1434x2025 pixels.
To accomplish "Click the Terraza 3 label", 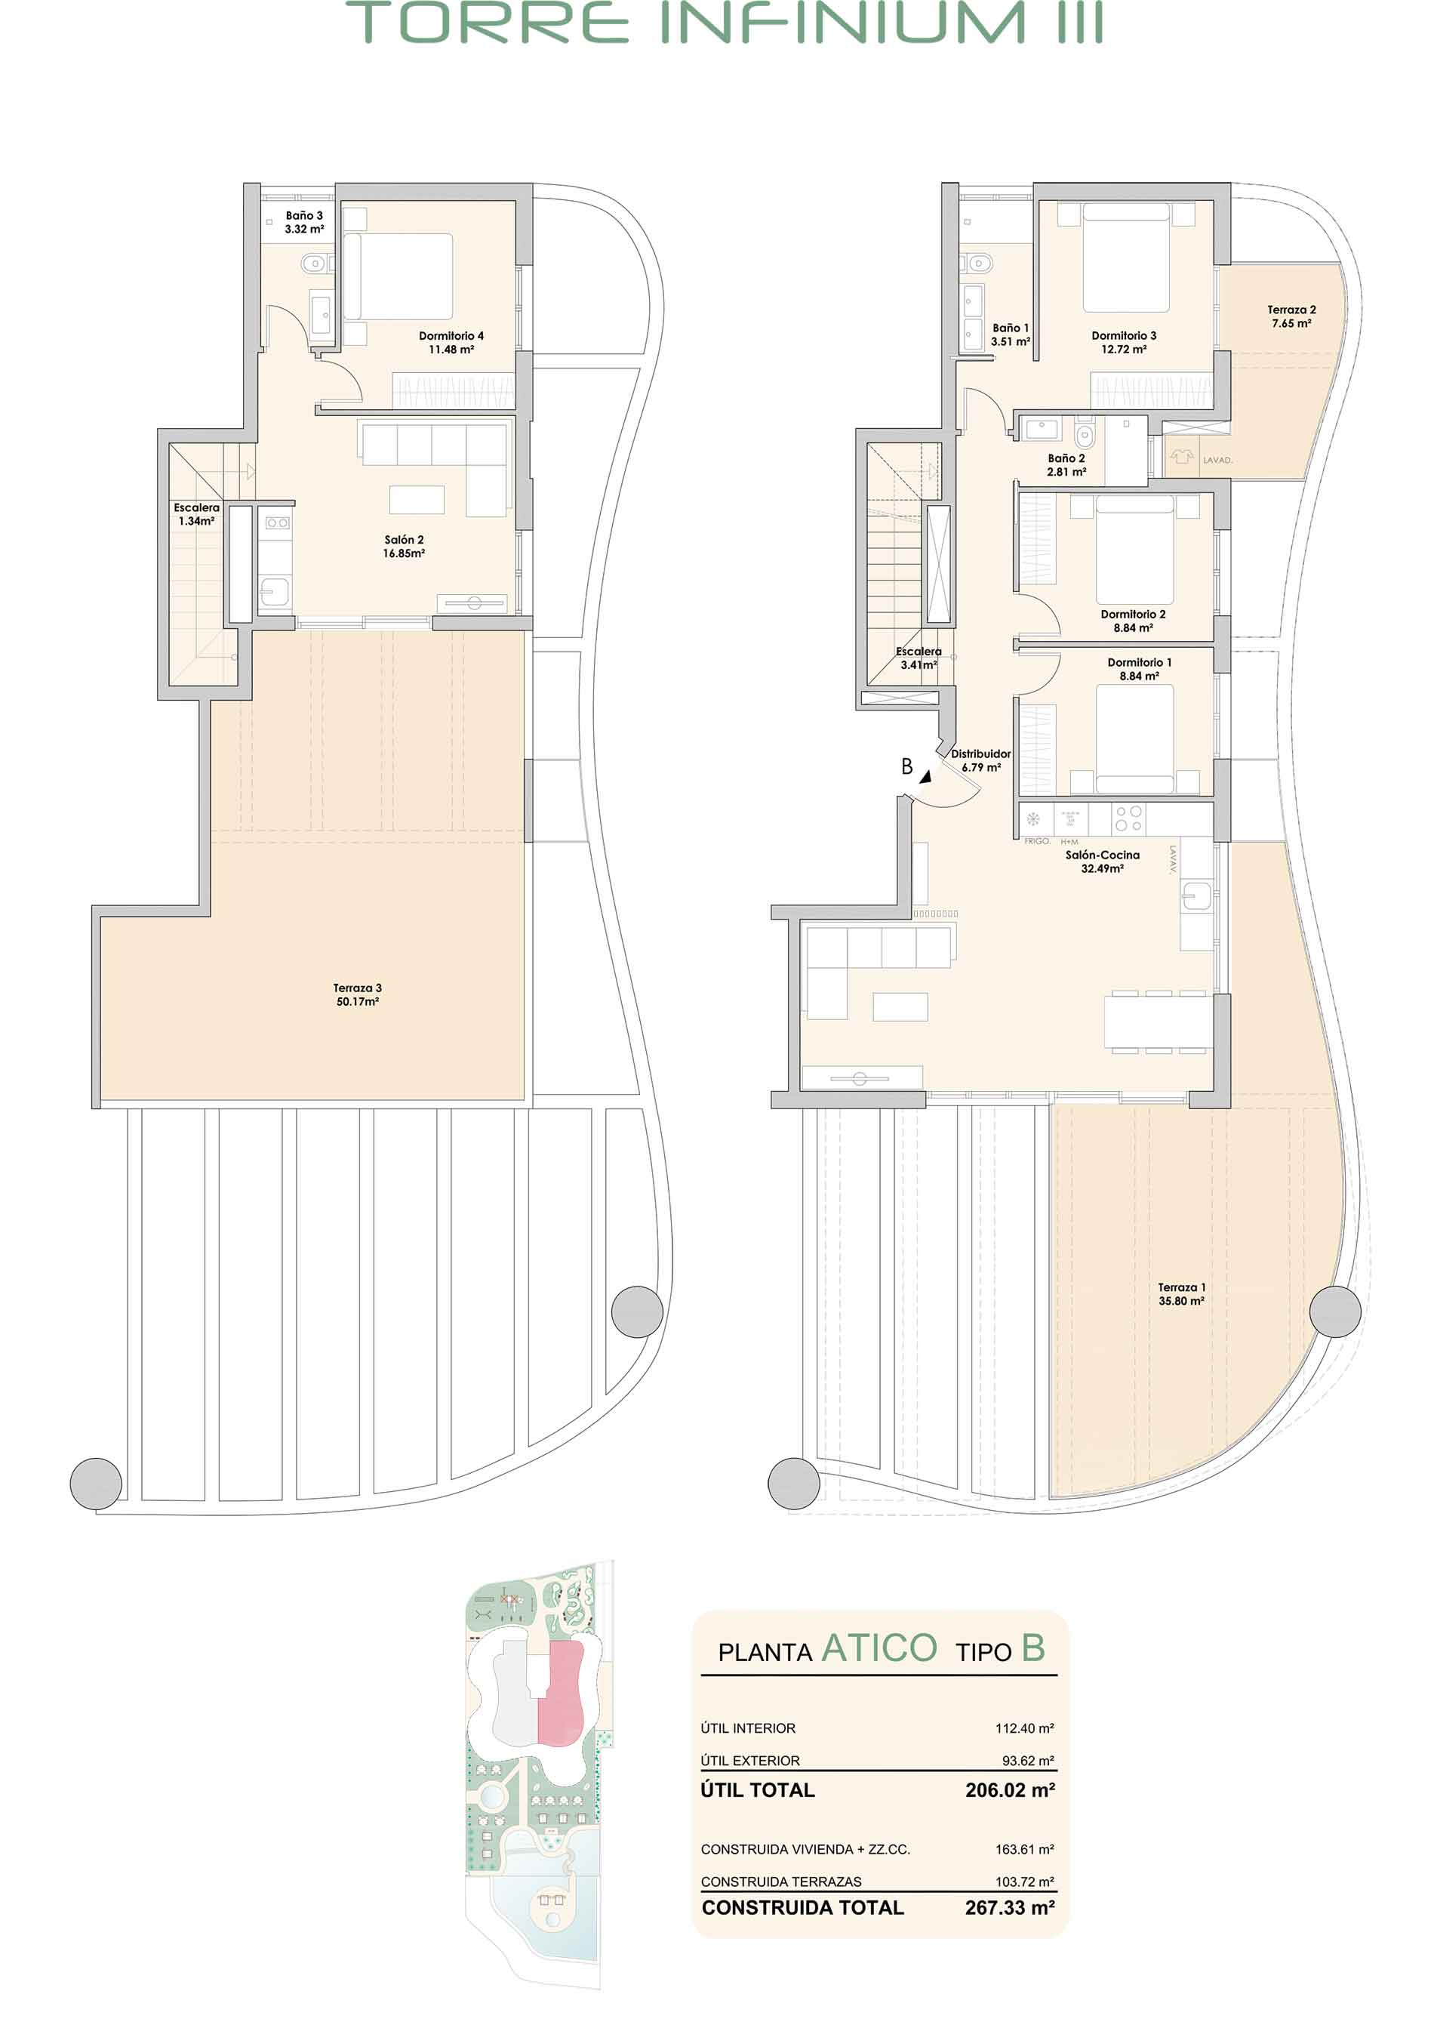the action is click(x=358, y=994).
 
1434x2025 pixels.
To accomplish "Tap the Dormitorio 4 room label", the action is click(x=451, y=343).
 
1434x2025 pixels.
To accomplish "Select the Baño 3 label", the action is click(x=303, y=222).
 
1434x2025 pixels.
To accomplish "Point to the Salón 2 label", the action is click(x=404, y=547).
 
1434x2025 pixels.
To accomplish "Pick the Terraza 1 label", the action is click(x=1181, y=1295).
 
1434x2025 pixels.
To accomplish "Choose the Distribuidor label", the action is click(x=981, y=760).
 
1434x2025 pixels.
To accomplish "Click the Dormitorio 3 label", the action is click(x=1123, y=343).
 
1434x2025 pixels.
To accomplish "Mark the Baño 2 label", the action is click(x=1066, y=465).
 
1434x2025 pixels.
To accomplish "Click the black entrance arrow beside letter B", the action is click(x=925, y=777).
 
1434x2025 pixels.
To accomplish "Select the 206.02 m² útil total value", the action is click(x=1010, y=1790).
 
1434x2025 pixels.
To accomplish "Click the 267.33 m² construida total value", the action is click(x=1010, y=1907).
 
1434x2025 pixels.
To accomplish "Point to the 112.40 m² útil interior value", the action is click(x=1024, y=1728).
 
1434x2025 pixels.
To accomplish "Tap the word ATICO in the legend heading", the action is click(x=879, y=1648).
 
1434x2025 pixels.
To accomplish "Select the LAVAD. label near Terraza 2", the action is click(x=1217, y=460).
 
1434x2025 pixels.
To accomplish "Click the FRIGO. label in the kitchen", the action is click(x=1037, y=842).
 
